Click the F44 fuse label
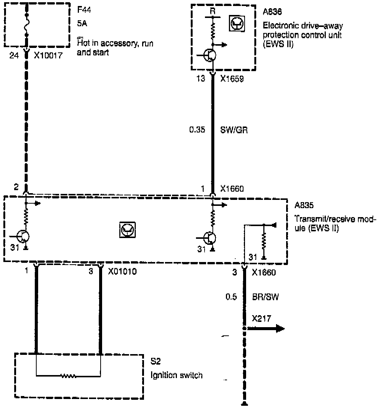click(83, 9)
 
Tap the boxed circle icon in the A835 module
click(128, 229)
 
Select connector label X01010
click(122, 272)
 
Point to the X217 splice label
click(261, 319)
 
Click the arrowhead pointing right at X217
click(279, 329)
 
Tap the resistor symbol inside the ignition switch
click(68, 375)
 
